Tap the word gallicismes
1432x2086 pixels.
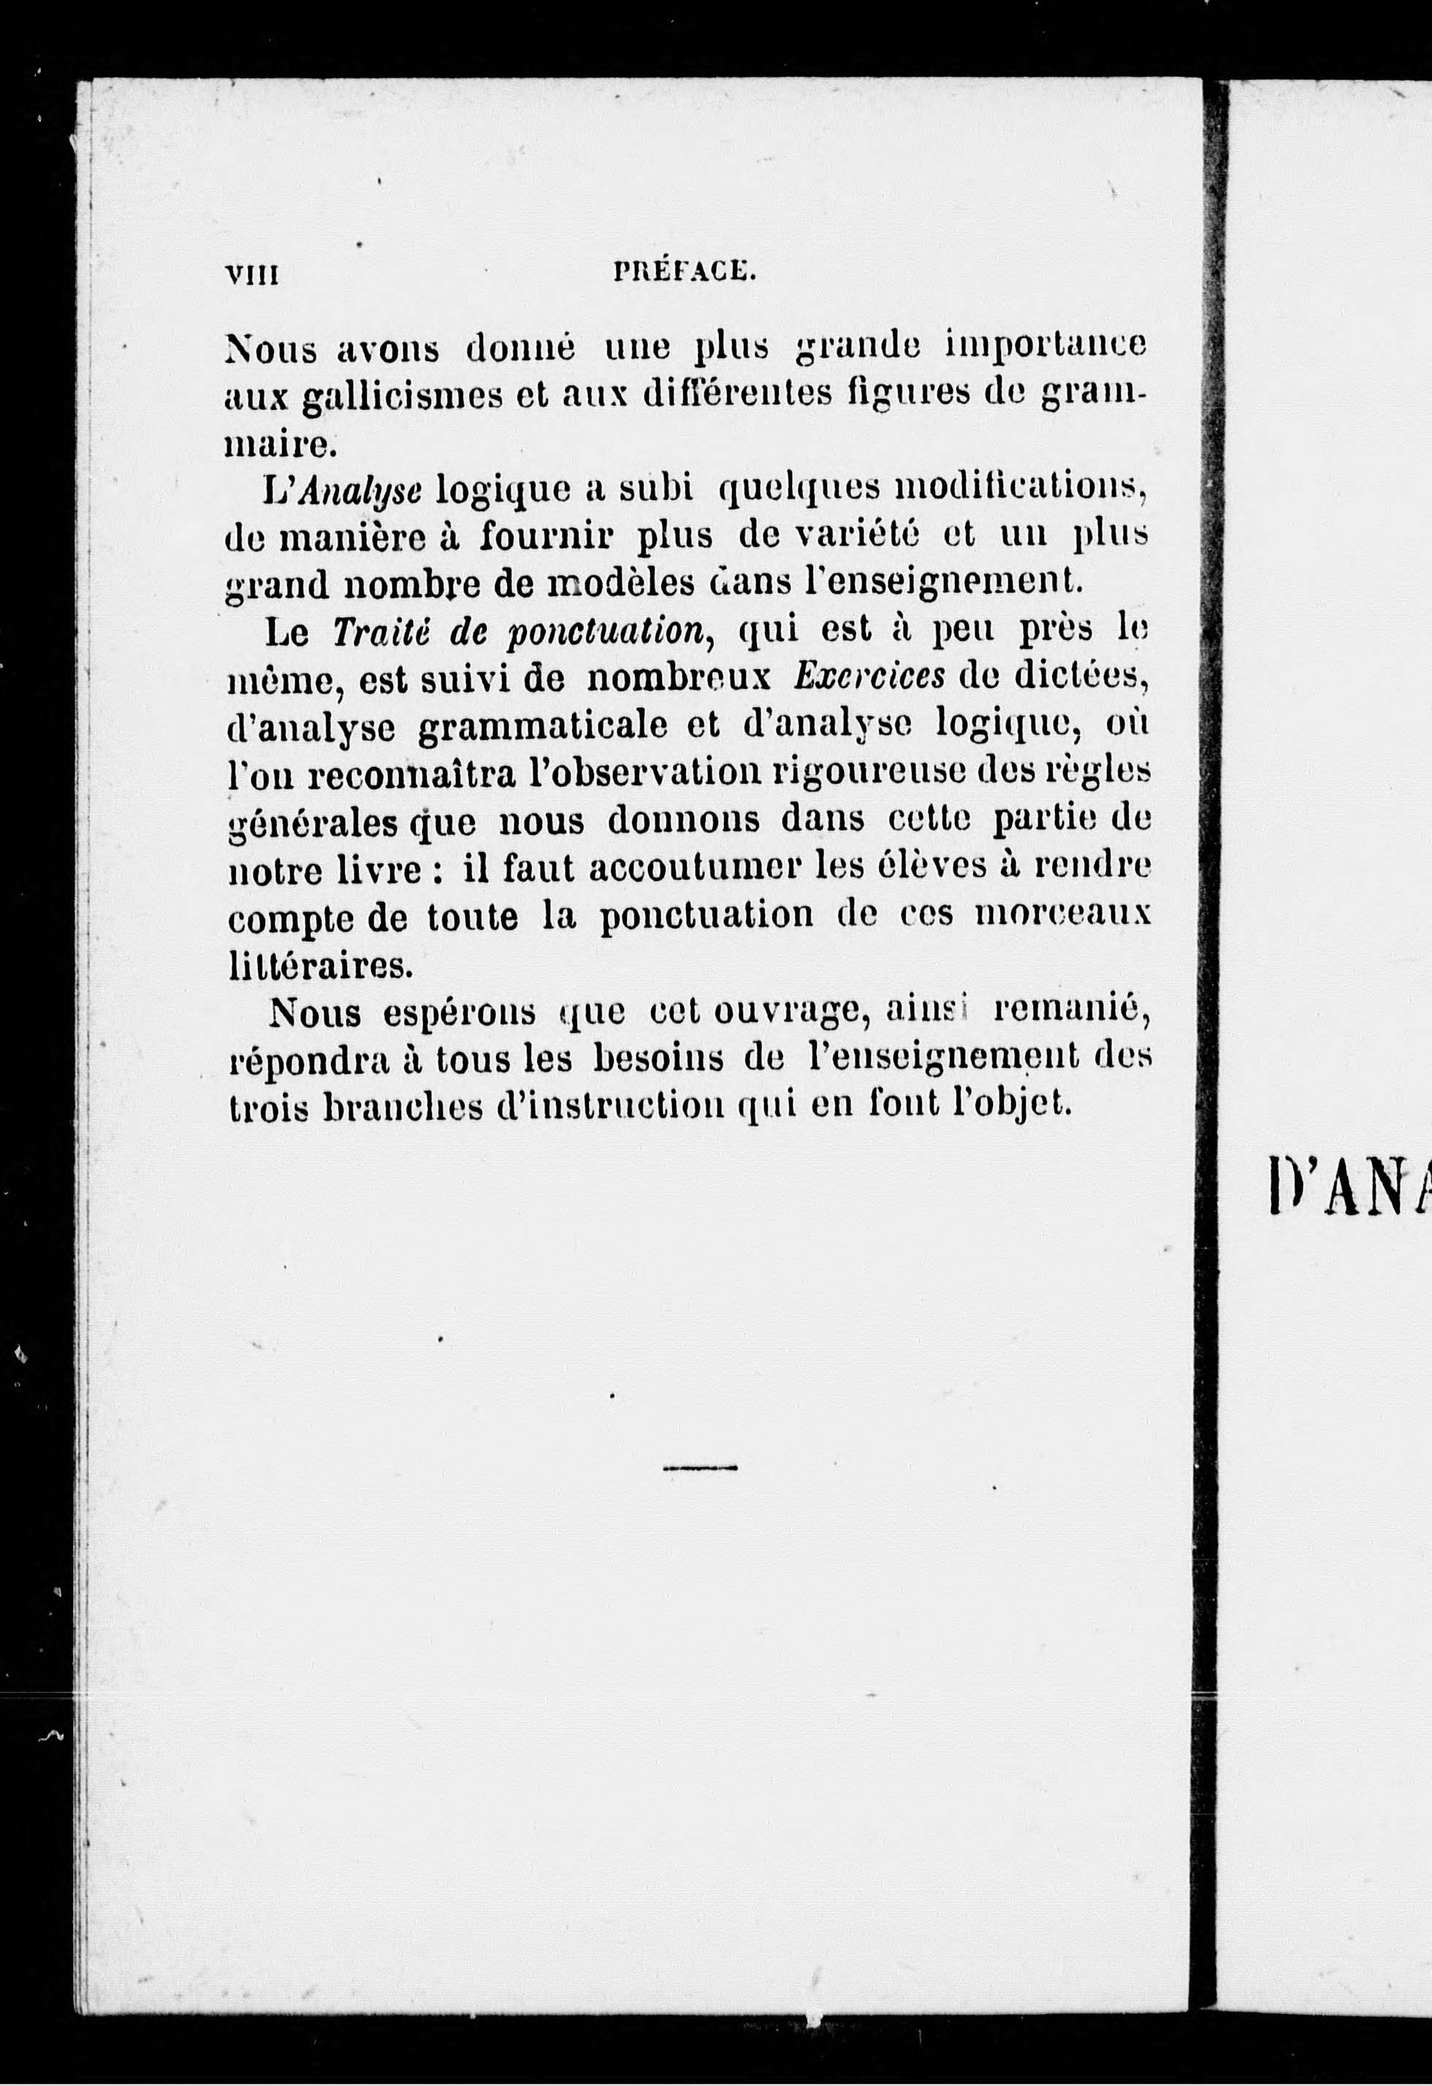(400, 396)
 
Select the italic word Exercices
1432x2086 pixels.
(869, 678)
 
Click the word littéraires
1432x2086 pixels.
(318, 966)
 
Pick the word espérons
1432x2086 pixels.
(459, 1015)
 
